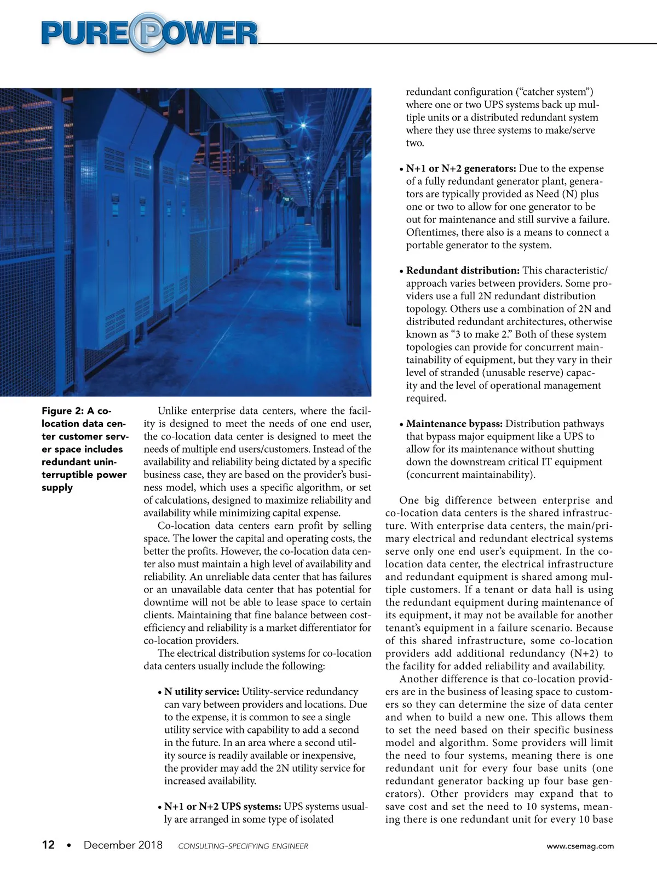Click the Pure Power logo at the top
149,33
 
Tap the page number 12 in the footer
48,845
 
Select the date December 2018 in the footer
123,845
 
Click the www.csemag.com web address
580,846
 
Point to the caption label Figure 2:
62,411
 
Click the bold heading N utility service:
201,692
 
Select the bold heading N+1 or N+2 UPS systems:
223,807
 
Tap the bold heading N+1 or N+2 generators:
461,168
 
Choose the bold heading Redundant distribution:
463,270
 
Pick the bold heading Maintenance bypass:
454,424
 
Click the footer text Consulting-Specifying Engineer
243,846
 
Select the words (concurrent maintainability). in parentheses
471,475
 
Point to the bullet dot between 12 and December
69,845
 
